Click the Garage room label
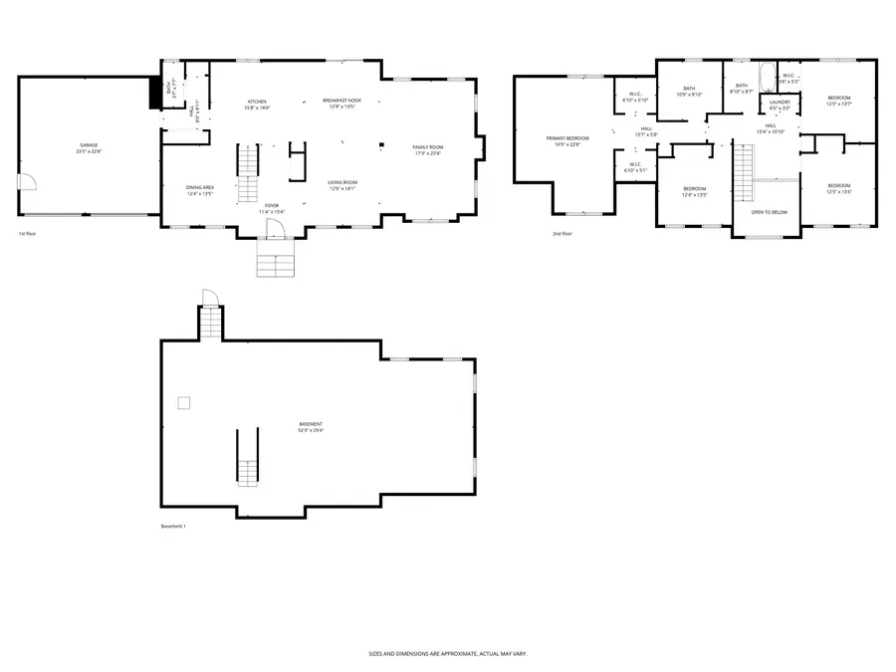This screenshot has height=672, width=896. (x=90, y=148)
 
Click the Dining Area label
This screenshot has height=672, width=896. (x=200, y=190)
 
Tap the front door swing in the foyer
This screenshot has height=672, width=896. (x=275, y=229)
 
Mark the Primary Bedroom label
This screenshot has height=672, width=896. (x=566, y=141)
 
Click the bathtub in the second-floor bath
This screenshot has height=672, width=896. (x=764, y=78)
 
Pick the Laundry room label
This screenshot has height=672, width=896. (x=780, y=104)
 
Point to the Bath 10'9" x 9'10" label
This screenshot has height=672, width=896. (x=689, y=92)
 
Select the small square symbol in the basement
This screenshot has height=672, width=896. (x=183, y=402)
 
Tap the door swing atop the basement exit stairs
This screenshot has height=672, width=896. (x=208, y=297)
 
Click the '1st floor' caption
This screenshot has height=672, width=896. (x=27, y=234)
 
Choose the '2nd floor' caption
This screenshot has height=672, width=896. (x=562, y=234)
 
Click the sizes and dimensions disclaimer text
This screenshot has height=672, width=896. (x=447, y=654)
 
